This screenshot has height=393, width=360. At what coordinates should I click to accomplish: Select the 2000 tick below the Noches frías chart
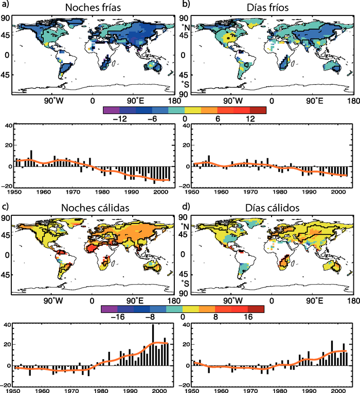coord(154,192)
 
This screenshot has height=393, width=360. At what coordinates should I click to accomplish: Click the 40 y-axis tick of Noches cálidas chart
coord(7,325)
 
